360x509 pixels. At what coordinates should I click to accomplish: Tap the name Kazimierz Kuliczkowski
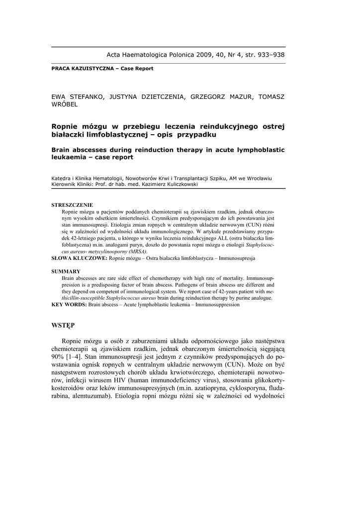(x=169, y=184)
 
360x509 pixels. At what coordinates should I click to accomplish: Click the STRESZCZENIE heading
(x=72, y=205)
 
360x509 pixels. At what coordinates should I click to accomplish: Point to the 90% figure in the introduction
(x=57, y=356)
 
